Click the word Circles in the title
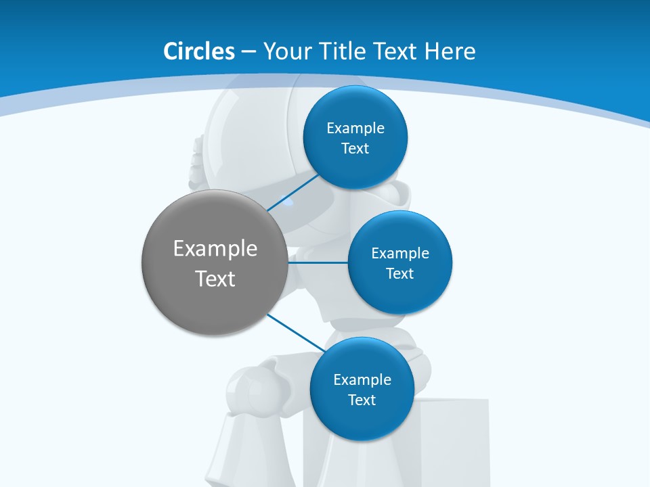pos(198,51)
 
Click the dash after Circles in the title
pos(248,52)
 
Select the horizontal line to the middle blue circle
pos(318,262)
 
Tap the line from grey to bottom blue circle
pos(295,333)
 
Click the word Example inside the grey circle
pos(215,248)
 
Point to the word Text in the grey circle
pos(215,279)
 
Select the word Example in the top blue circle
pos(355,128)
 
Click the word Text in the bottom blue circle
pos(362,400)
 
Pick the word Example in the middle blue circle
pos(400,253)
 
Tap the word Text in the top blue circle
pos(355,148)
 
